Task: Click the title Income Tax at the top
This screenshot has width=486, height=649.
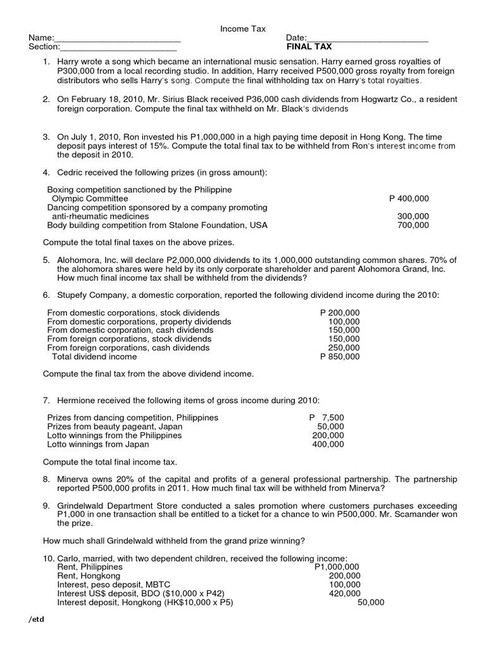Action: pos(242,29)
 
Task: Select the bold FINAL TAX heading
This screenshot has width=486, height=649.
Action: pos(309,47)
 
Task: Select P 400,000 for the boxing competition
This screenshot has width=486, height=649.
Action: pos(409,198)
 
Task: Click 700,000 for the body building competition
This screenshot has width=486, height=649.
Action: pos(413,225)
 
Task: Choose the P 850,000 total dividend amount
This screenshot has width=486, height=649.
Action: pos(340,357)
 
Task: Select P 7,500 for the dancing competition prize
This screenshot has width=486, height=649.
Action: pos(327,418)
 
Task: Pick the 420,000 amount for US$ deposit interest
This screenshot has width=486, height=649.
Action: pos(345,594)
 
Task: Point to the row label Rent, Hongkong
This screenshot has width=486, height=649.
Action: pos(88,576)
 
